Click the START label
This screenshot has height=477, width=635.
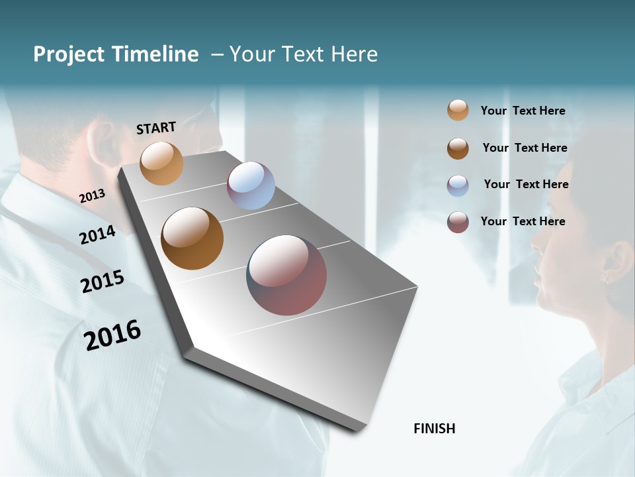156,128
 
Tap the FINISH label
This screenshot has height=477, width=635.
434,429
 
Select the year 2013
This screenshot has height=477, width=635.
93,195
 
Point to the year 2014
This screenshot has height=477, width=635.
98,235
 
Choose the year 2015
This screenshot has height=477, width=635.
103,282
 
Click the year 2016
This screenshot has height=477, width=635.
112,335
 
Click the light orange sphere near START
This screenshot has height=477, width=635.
161,163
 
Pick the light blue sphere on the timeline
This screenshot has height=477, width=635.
251,185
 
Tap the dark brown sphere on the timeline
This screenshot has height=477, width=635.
192,238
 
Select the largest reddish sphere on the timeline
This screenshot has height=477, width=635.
286,275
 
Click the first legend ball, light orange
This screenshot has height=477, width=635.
458,111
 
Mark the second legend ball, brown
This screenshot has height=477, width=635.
458,148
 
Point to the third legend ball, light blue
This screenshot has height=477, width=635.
458,185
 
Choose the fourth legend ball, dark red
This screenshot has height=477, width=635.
458,222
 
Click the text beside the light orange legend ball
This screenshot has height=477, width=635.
523,111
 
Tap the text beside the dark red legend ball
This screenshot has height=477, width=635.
523,221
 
